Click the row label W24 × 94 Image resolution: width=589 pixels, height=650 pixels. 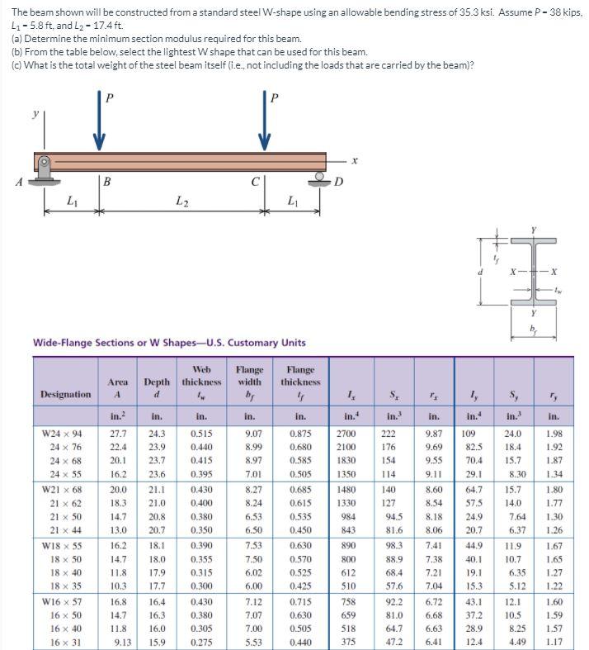click(x=66, y=432)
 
